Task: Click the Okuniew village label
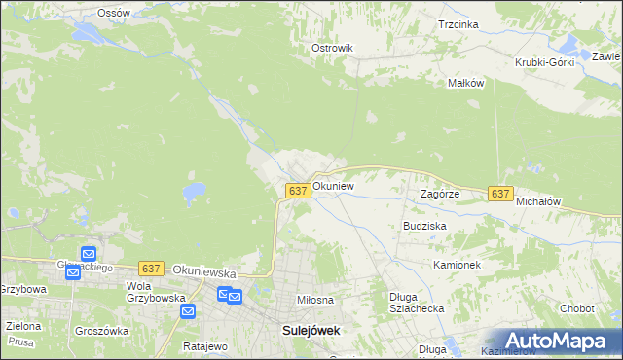click(x=333, y=185)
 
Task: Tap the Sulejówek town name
click(x=311, y=330)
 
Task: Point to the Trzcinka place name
click(x=458, y=24)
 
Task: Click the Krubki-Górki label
click(x=545, y=62)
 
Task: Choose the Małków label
click(x=465, y=84)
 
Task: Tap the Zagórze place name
click(x=439, y=194)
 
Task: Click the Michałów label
click(x=539, y=201)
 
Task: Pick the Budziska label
click(x=424, y=226)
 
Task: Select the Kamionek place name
click(x=458, y=265)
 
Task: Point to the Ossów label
click(x=114, y=13)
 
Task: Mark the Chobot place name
click(x=577, y=308)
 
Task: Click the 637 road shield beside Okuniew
click(x=299, y=191)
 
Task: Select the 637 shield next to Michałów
click(x=500, y=194)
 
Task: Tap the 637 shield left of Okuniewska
click(x=150, y=268)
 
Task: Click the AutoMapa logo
click(x=551, y=340)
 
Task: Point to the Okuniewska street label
click(x=203, y=268)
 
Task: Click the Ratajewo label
click(x=204, y=346)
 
